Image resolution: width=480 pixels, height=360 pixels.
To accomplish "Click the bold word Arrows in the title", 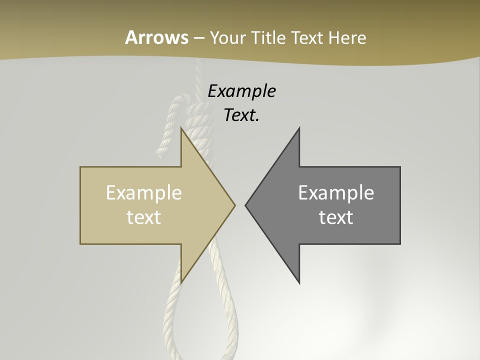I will click(156, 37).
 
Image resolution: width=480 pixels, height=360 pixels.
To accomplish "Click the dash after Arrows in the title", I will click(198, 38).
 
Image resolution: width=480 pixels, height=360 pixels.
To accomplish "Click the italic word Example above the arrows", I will click(241, 91).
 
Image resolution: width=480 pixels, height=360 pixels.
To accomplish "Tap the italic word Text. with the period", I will click(241, 115).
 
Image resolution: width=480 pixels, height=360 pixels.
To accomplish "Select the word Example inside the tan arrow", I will click(144, 193).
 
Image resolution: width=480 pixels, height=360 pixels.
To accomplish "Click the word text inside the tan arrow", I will click(144, 217).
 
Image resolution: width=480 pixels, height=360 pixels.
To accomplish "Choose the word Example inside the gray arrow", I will click(336, 193).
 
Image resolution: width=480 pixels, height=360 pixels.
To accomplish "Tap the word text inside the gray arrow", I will click(336, 217).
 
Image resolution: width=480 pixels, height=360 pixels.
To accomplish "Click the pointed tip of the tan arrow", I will click(234, 205).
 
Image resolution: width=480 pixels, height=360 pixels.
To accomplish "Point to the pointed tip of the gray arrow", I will click(245, 205).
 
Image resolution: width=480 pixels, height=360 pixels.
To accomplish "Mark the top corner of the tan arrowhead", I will click(181, 128).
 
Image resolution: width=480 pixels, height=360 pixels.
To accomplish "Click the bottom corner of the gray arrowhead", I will click(299, 283).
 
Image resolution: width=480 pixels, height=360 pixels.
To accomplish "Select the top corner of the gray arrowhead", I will click(299, 128).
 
